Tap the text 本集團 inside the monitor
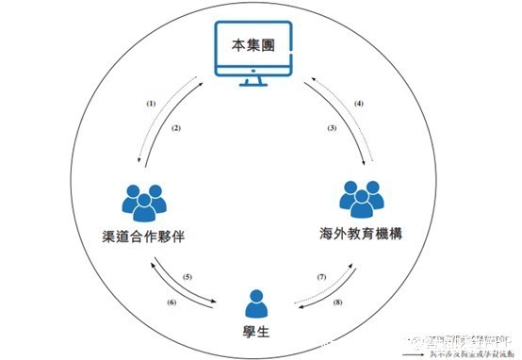coord(253,44)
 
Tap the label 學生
coord(254,330)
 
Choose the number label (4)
coord(357,102)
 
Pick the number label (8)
coord(338,303)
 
